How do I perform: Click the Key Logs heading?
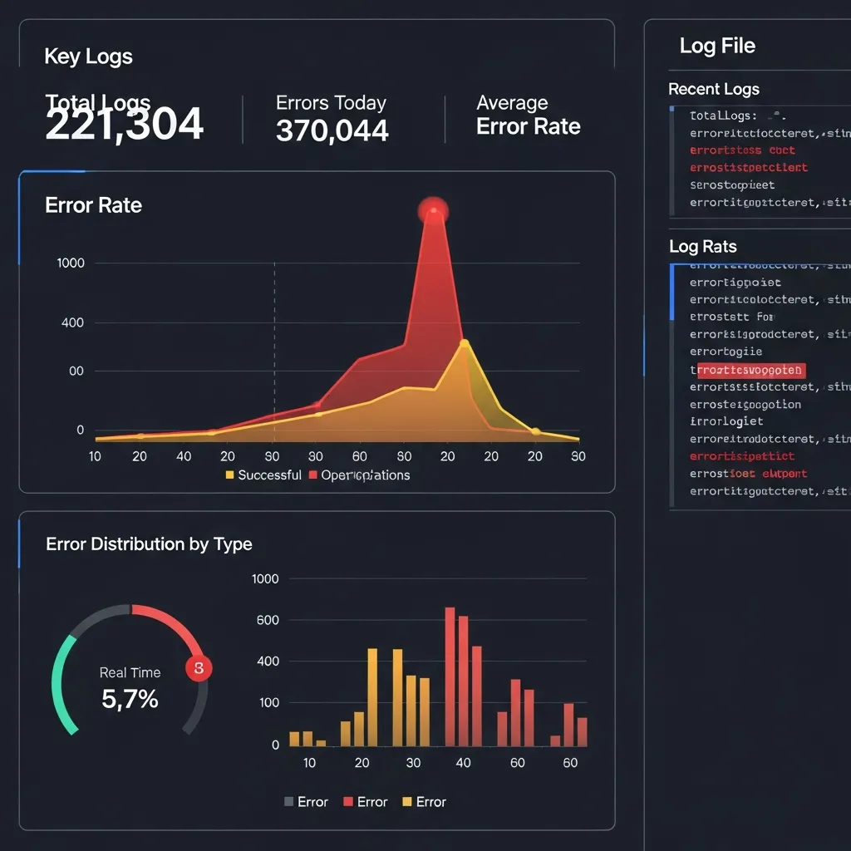point(88,57)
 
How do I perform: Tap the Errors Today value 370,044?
point(332,130)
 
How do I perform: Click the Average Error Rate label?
point(528,115)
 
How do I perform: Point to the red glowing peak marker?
point(433,209)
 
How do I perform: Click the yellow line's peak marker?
point(464,343)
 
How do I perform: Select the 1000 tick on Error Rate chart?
point(71,263)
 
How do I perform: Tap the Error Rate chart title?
point(93,205)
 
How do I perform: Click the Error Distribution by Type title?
point(149,544)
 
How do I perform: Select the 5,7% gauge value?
point(130,699)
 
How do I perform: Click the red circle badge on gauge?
point(199,668)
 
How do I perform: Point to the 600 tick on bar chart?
point(267,620)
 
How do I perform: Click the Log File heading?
point(717,46)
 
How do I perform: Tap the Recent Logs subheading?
point(714,89)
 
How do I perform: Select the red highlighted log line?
point(750,370)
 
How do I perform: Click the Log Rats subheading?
point(703,247)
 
